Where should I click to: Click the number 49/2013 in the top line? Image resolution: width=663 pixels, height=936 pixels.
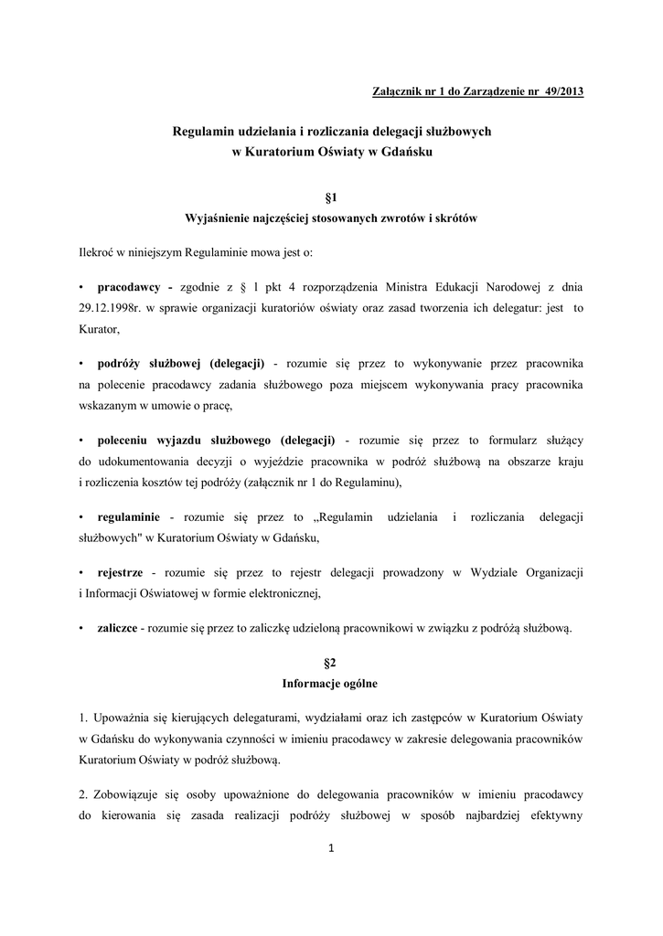tap(561, 92)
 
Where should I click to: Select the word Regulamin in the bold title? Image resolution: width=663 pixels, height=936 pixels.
tap(202, 133)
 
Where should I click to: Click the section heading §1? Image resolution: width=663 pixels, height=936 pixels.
tap(331, 197)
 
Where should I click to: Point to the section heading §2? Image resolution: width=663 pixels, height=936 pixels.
tap(331, 662)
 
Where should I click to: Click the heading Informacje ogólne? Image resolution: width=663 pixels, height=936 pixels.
tap(330, 682)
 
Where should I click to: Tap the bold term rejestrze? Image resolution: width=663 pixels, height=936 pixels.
tap(120, 572)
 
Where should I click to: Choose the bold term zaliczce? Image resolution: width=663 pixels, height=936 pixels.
tap(117, 628)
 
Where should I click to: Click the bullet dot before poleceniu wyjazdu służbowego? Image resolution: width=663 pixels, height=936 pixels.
tap(82, 439)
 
